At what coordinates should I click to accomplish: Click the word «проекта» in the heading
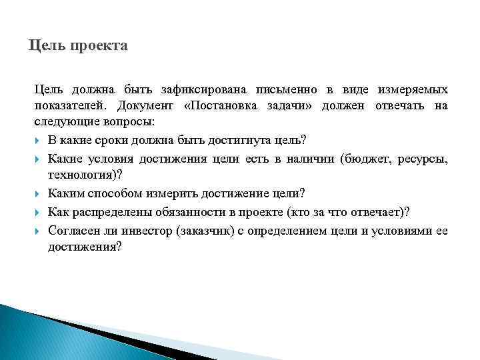97,47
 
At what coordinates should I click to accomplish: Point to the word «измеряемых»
413,89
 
